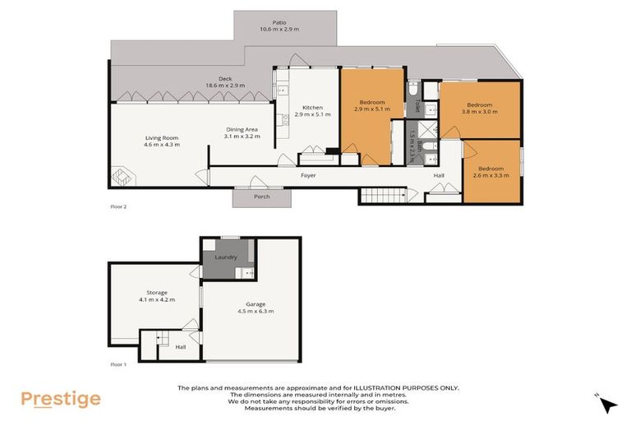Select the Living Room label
coord(162,137)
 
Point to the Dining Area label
coord(243,129)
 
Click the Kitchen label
coord(312,108)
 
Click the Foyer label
coord(308,175)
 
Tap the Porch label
coord(262,197)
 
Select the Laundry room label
coord(226,257)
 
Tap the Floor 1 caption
coord(118,363)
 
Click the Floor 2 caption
coord(118,207)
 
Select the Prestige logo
coord(61,399)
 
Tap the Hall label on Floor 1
coord(181,346)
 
